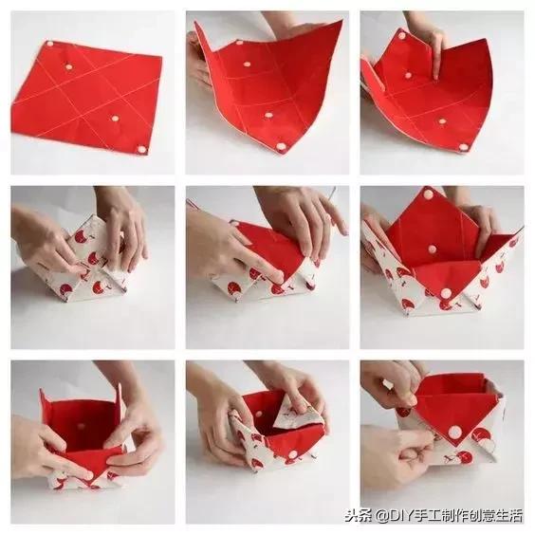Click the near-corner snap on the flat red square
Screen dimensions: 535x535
[x=141, y=149]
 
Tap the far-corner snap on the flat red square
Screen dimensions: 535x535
[x=51, y=44]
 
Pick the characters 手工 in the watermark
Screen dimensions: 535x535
[x=426, y=515]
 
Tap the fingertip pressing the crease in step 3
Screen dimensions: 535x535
[x=436, y=77]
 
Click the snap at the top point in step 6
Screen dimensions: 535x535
[x=428, y=194]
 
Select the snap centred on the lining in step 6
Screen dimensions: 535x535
[x=433, y=249]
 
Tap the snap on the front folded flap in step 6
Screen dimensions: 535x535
[x=445, y=293]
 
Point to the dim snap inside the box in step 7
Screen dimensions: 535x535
[x=82, y=426]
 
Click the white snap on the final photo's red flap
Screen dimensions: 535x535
[x=454, y=433]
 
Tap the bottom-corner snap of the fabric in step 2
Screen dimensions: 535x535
[x=281, y=147]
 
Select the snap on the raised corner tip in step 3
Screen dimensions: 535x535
[x=402, y=35]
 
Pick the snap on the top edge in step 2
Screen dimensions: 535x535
[x=239, y=44]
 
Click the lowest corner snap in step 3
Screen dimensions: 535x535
[x=463, y=147]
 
